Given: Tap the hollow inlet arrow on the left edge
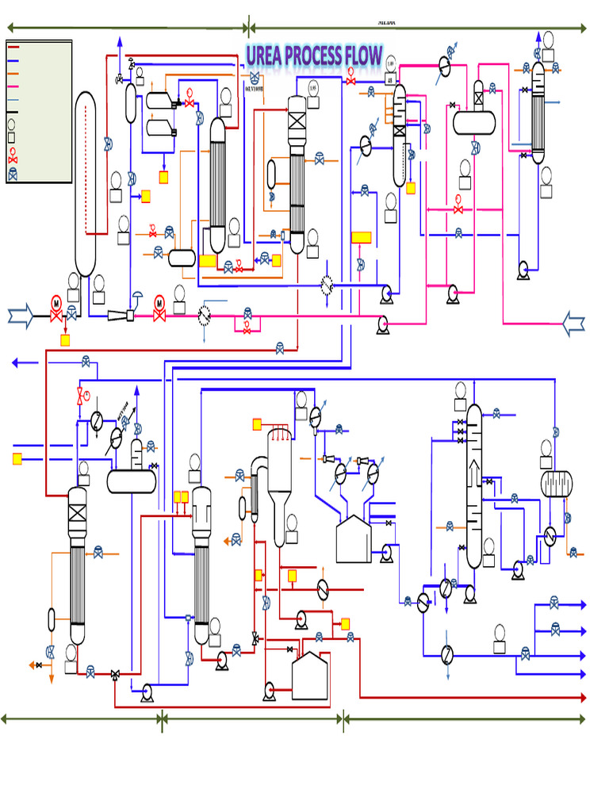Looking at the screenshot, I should point(21,317).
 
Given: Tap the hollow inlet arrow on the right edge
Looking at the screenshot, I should point(573,323).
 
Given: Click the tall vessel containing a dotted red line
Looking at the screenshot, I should point(85,182).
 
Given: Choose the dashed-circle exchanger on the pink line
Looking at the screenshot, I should point(204,315).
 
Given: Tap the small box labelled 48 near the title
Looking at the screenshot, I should point(390,79).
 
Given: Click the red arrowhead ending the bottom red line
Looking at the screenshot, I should point(583,698).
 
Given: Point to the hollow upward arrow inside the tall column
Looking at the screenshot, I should point(473,473).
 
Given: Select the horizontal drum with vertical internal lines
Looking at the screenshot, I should point(556,484).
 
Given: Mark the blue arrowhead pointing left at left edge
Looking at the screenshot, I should point(16,362).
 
